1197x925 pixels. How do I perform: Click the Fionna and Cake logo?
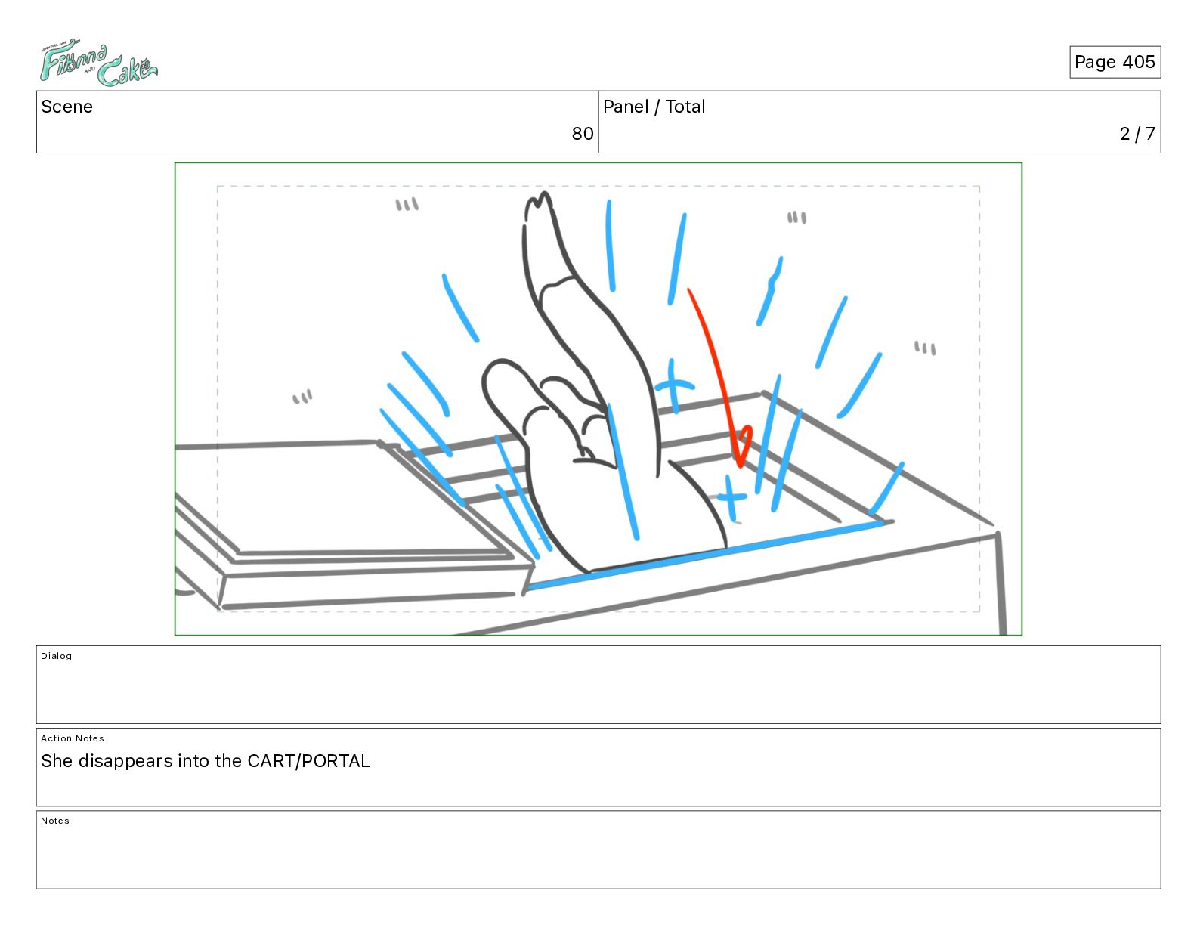point(99,62)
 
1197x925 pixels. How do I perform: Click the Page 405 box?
point(1115,62)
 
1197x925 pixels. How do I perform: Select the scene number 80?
point(582,133)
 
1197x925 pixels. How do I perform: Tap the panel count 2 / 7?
point(1137,133)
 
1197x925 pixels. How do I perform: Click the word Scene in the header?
point(66,107)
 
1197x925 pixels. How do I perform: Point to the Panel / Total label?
point(654,107)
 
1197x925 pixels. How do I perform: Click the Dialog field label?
point(56,656)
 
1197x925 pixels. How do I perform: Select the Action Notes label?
point(72,738)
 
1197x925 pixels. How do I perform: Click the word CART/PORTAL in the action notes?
point(308,761)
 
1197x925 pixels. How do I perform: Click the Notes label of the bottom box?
point(55,820)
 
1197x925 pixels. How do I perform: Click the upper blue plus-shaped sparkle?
point(673,386)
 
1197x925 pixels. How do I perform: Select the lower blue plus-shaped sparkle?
point(731,498)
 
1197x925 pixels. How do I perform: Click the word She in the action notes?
point(57,761)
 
